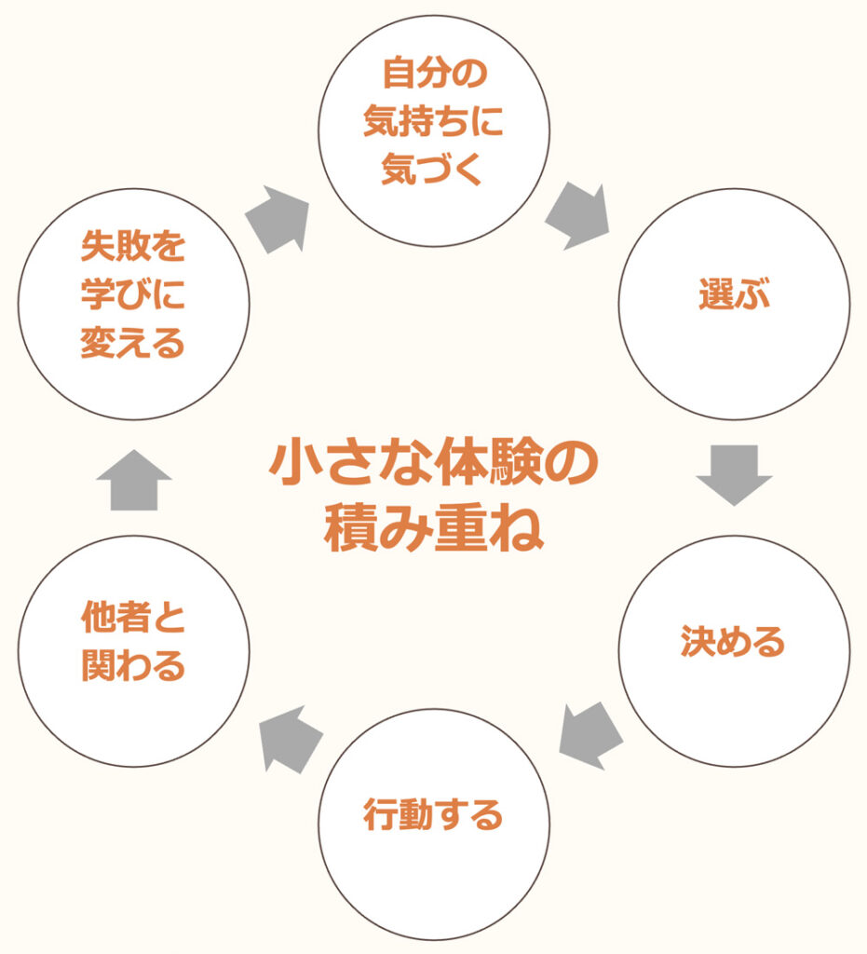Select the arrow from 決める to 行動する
(590, 735)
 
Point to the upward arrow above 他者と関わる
(133, 479)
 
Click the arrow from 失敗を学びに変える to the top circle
(278, 219)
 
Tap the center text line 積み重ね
(433, 531)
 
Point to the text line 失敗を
(133, 248)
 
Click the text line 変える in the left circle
(133, 345)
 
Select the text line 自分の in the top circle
(433, 75)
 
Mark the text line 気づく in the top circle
(433, 171)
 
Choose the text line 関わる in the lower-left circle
(133, 666)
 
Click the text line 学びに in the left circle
(133, 296)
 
